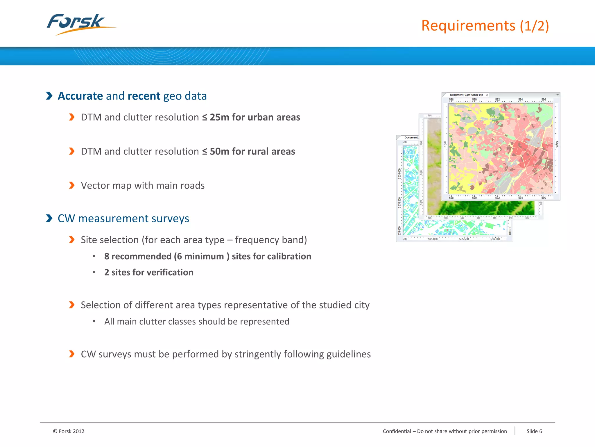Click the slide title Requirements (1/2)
pos(485,26)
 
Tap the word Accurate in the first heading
pos(80,96)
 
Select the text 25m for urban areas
pos(255,117)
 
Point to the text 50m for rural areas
pos(252,152)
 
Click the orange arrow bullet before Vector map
pos(72,185)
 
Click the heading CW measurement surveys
pos(123,219)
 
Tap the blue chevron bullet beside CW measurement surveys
pos(49,218)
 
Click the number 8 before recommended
pos(107,256)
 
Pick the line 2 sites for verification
pos(149,272)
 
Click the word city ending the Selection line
pos(362,305)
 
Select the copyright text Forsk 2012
pos(71,431)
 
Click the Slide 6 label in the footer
pos(534,431)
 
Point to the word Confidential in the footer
pos(397,431)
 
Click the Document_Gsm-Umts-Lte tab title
pos(466,95)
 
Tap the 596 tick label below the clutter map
pos(543,198)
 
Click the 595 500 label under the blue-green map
pos(464,239)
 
